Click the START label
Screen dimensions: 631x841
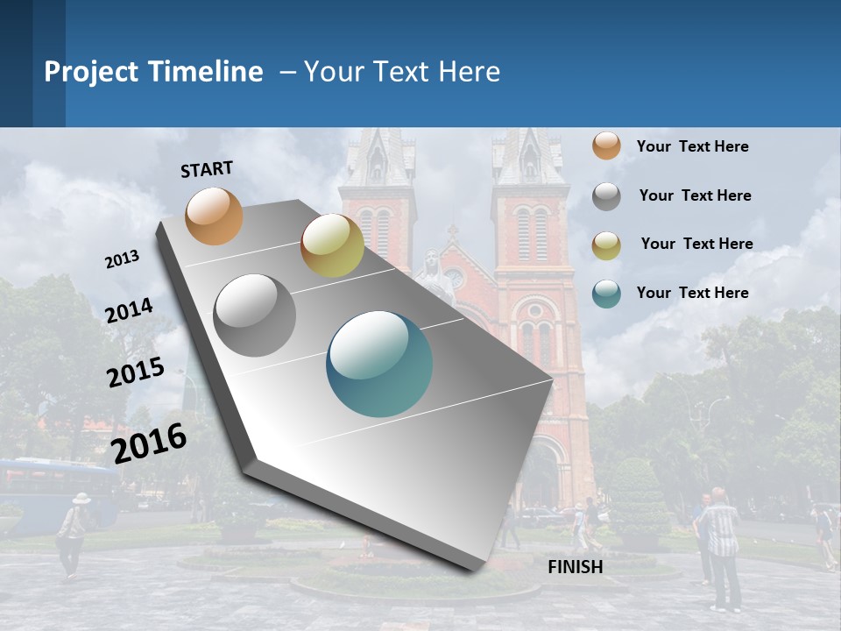point(207,169)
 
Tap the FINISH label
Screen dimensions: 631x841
point(576,567)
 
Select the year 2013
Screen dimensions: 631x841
point(123,259)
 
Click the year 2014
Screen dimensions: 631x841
point(130,311)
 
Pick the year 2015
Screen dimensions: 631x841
point(136,372)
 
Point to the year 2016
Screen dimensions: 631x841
point(150,443)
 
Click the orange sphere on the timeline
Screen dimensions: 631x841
point(215,216)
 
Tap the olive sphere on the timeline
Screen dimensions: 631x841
point(332,245)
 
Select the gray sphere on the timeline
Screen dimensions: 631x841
point(255,315)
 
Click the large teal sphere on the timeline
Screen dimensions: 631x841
point(379,364)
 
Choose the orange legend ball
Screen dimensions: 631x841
point(606,146)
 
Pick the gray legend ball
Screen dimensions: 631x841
point(606,196)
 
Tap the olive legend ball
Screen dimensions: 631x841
point(606,245)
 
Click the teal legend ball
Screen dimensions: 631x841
point(606,294)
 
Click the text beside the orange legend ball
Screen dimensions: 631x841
point(692,146)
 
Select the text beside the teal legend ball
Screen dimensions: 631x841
point(692,293)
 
